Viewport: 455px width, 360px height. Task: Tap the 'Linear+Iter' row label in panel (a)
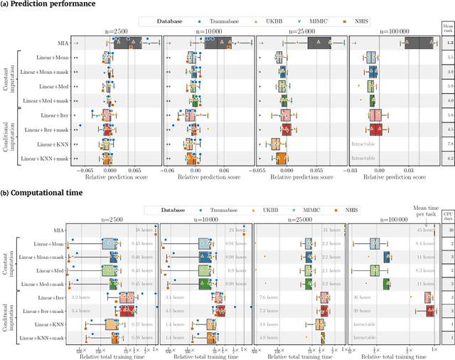[x=55, y=115]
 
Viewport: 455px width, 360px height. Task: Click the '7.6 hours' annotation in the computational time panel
[x=270, y=297]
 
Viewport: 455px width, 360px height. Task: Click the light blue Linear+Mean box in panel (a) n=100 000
[x=370, y=59]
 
